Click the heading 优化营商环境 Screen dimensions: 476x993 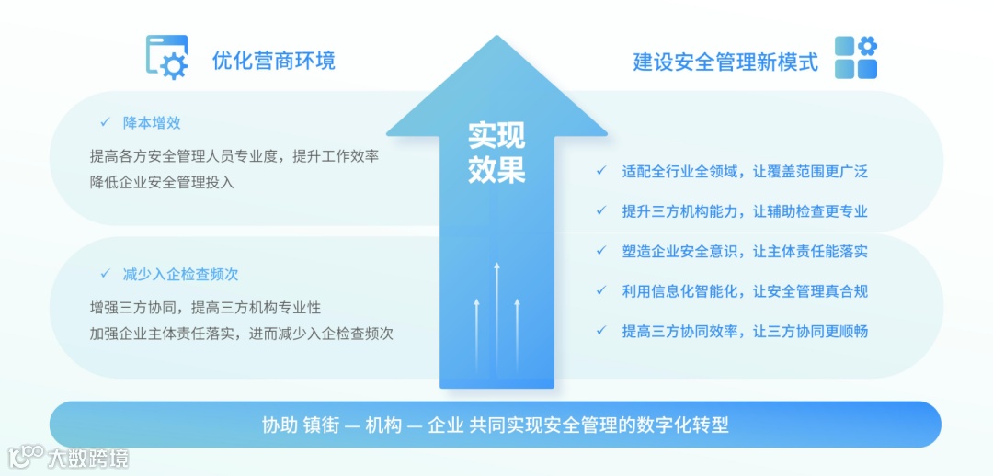click(273, 61)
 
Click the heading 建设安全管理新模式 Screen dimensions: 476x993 click(725, 62)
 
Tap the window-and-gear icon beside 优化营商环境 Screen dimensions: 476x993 click(167, 56)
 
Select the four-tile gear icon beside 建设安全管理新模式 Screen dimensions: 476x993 click(856, 57)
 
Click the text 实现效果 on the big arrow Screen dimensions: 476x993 click(496, 153)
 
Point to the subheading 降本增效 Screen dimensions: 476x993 click(152, 122)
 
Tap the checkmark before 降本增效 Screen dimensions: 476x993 click(105, 122)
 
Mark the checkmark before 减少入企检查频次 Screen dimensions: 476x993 click(105, 274)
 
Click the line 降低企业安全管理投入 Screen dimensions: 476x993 click(162, 182)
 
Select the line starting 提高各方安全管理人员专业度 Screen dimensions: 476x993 click(234, 156)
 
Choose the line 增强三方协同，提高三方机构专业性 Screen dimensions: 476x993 click(205, 308)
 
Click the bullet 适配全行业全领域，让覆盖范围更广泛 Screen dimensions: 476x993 click(745, 171)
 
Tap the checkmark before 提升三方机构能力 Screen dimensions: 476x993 click(600, 211)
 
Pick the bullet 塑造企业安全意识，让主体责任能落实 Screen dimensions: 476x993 click(745, 251)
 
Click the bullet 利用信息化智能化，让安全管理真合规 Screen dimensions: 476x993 click(745, 291)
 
